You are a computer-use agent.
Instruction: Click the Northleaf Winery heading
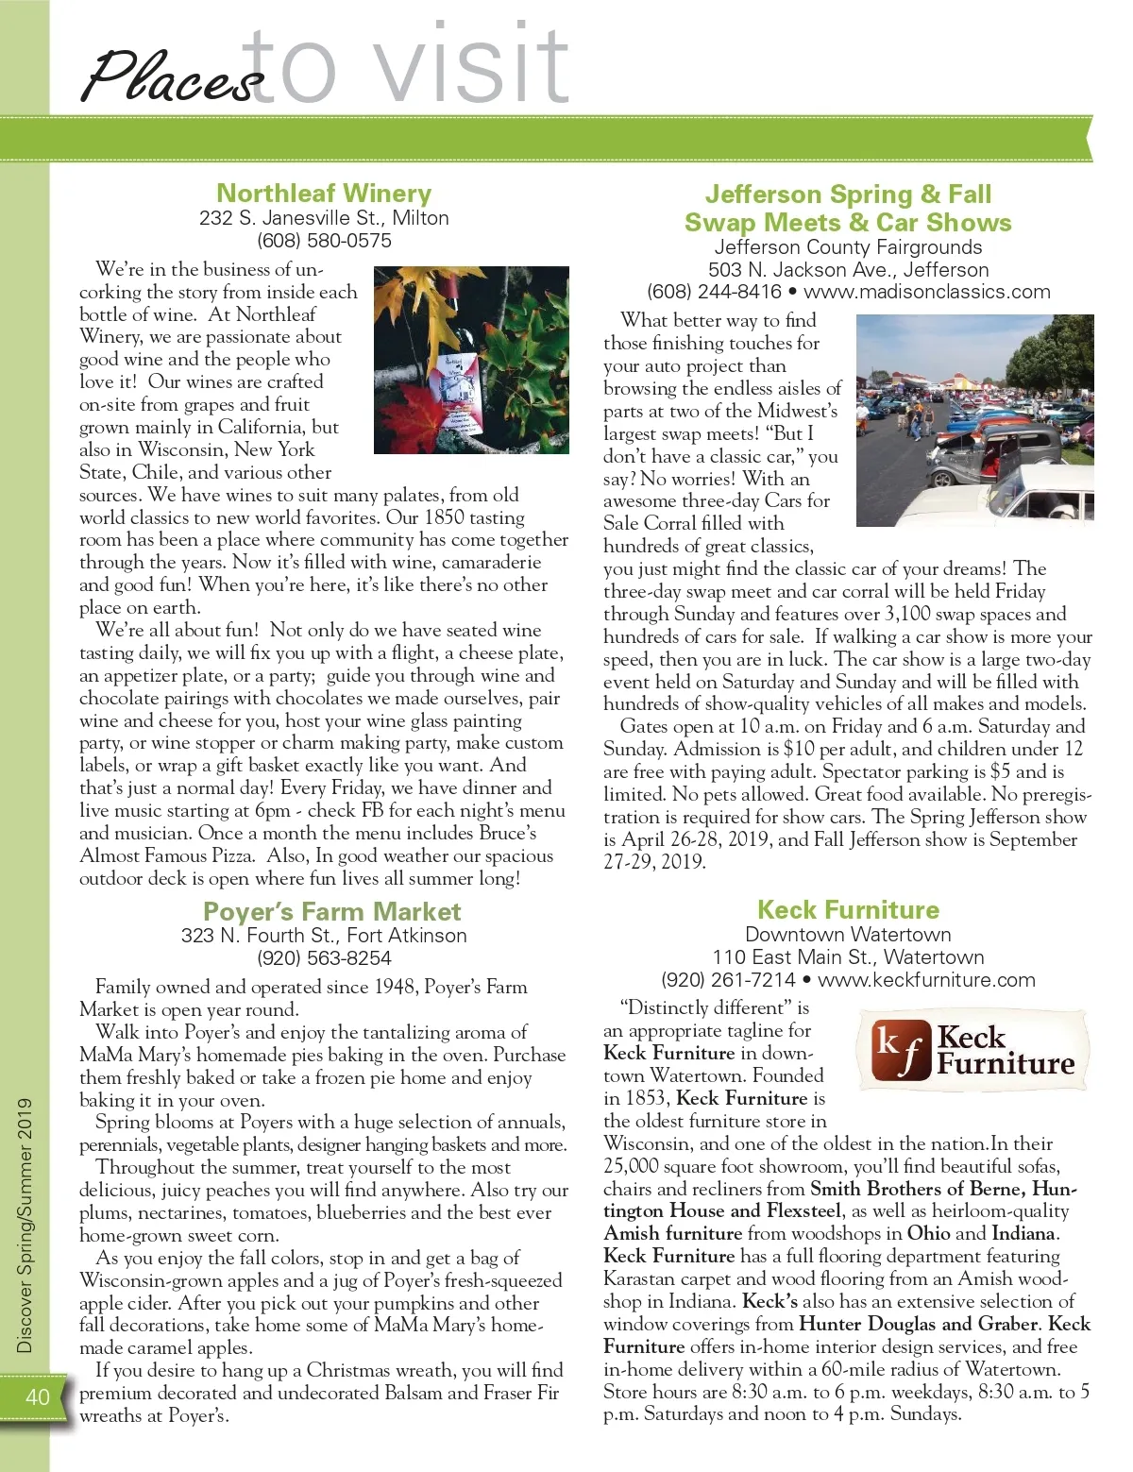point(324,194)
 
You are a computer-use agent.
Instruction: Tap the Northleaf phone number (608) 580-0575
point(324,241)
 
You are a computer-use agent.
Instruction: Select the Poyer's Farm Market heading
point(332,911)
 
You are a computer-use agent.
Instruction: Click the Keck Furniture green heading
point(848,910)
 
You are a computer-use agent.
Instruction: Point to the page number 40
point(38,1396)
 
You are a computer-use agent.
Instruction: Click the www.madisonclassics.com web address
point(926,292)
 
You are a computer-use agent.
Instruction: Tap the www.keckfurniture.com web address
point(926,980)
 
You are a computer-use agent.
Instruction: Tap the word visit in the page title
point(472,66)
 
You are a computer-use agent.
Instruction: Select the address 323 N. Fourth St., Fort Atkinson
point(324,936)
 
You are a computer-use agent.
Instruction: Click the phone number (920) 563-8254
point(324,958)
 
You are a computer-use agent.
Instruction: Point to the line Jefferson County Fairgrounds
point(848,247)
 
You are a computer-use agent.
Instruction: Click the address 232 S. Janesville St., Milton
point(324,218)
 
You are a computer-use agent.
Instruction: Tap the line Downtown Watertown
point(848,935)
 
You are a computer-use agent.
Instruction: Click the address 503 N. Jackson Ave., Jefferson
point(848,270)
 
